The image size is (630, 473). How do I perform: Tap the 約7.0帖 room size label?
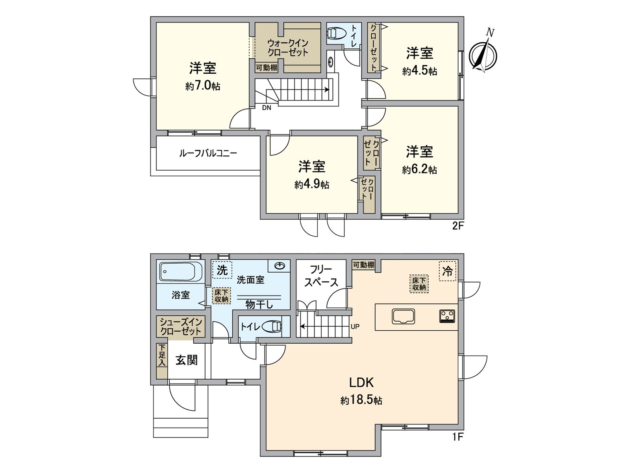coord(202,86)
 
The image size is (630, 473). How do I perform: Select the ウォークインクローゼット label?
coord(287,47)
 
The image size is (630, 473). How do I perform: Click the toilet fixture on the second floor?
coord(336,33)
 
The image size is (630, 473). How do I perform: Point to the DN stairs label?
coord(267,108)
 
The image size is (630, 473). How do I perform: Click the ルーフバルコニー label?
coord(208,153)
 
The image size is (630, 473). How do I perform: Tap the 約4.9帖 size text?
coord(311,184)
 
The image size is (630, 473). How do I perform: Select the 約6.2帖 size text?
coord(419,169)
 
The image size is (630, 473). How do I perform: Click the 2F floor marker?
coord(458,226)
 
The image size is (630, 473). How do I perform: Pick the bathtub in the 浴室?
coord(181,272)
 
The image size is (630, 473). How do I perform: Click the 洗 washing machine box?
coord(222,270)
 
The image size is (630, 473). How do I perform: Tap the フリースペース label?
coord(321,276)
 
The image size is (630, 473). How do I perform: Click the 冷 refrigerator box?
coord(448,271)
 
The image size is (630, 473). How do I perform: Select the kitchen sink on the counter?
coord(403,316)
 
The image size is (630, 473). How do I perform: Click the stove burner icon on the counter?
coord(447,316)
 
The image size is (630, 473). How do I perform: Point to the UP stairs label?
coord(355,327)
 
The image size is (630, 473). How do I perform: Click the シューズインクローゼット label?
coord(181,327)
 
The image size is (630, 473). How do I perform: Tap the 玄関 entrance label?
coord(186,360)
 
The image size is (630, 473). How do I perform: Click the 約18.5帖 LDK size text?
coord(361,400)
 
